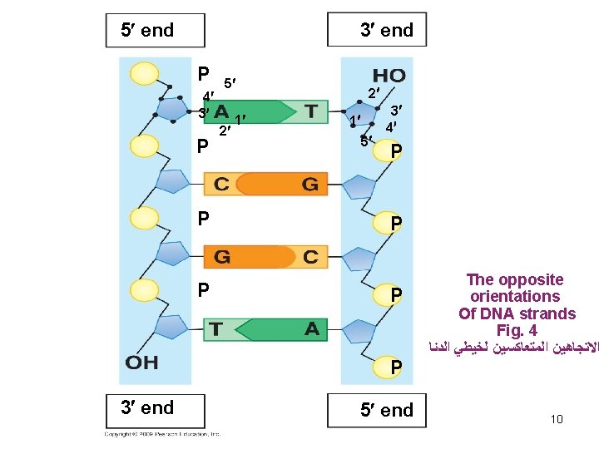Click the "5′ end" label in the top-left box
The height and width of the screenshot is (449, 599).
(x=147, y=31)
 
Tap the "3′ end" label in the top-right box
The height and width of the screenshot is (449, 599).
(x=386, y=31)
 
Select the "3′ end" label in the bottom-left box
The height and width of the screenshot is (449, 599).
(x=147, y=407)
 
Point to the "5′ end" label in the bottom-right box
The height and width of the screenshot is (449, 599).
(x=386, y=410)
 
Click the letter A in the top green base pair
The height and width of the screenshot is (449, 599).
(x=221, y=111)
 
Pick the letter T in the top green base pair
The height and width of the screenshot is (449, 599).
(x=310, y=111)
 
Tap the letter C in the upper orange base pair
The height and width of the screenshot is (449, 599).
(x=221, y=185)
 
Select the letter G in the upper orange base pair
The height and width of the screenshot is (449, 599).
(x=309, y=185)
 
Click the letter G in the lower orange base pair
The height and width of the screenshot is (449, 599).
(x=222, y=257)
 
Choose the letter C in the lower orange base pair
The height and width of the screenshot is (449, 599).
(x=310, y=257)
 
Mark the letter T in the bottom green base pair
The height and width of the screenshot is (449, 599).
(x=215, y=329)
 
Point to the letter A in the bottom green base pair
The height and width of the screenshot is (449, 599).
(x=311, y=329)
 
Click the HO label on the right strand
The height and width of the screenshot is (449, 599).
(x=389, y=76)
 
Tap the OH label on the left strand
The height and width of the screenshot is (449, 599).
(x=142, y=363)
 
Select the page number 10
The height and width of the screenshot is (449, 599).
(x=557, y=419)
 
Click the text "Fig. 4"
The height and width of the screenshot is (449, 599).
(x=517, y=330)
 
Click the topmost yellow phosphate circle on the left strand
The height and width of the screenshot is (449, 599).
(x=144, y=72)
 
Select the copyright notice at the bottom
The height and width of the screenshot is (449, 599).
(x=162, y=434)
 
